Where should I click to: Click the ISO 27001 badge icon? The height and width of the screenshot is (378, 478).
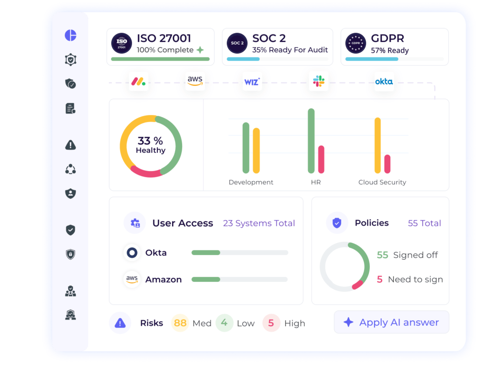(x=121, y=43)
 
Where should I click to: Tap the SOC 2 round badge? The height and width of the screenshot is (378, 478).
(x=237, y=43)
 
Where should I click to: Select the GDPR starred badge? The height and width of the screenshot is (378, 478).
(x=356, y=43)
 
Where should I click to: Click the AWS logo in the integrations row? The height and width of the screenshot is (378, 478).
(x=195, y=81)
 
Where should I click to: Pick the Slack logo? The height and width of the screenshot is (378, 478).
(x=320, y=81)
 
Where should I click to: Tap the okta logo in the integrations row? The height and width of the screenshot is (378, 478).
(x=384, y=81)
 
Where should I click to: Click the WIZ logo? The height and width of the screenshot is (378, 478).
(x=252, y=82)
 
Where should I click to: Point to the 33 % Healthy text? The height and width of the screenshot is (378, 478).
(x=150, y=145)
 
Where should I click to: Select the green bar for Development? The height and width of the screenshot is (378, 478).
(x=246, y=148)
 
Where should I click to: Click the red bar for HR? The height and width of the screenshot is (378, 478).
(x=321, y=159)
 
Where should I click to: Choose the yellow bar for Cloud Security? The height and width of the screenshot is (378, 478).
(x=378, y=145)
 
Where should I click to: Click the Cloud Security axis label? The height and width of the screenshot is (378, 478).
(x=382, y=182)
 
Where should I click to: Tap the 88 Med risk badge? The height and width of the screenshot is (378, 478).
(x=180, y=323)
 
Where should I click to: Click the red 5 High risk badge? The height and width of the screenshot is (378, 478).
(x=271, y=323)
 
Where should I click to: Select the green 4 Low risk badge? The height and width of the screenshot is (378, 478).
(x=225, y=323)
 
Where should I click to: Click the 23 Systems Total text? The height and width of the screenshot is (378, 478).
(x=259, y=223)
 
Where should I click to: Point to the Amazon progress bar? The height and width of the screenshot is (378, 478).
(x=239, y=279)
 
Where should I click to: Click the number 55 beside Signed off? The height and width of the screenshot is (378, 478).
(x=382, y=255)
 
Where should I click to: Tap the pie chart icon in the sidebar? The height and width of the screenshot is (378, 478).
(x=70, y=36)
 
